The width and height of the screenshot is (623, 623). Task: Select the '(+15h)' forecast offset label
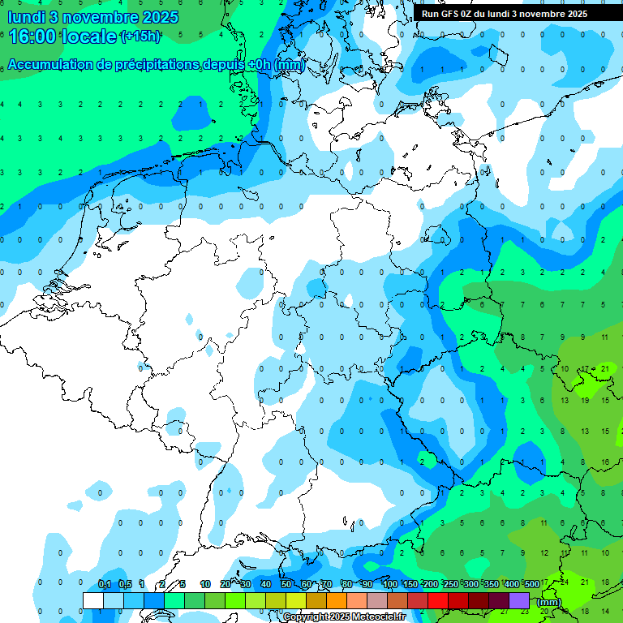click(x=140, y=37)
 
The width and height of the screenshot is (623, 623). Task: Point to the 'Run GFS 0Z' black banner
click(x=505, y=14)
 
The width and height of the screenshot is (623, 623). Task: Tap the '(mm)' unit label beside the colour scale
click(x=548, y=602)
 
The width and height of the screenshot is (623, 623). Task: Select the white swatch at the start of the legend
click(x=93, y=601)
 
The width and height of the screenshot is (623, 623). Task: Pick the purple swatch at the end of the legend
click(x=519, y=601)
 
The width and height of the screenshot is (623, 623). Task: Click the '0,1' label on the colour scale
click(x=105, y=584)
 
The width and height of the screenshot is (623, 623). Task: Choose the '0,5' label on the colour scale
click(x=125, y=584)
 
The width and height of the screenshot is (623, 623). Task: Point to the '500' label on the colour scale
click(x=532, y=584)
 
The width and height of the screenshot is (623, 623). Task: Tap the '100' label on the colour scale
click(x=389, y=584)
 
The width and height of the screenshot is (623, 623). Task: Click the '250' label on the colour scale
click(x=450, y=584)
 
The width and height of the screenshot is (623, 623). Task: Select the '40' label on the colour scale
click(x=266, y=584)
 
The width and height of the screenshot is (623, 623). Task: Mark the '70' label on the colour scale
click(x=326, y=584)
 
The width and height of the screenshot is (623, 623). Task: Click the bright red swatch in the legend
click(x=438, y=601)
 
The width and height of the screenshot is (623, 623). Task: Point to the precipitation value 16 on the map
click(x=604, y=462)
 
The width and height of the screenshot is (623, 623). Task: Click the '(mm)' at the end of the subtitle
click(x=289, y=65)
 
